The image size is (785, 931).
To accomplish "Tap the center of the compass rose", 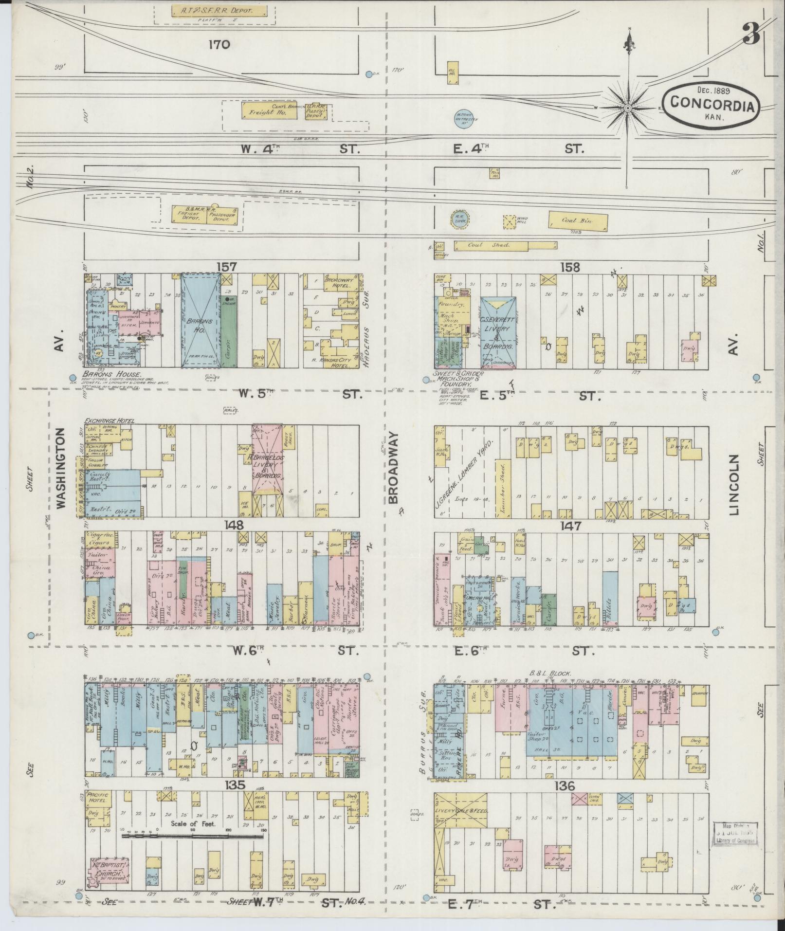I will pyautogui.click(x=628, y=108).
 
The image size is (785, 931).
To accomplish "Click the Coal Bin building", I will pyautogui.click(x=578, y=220).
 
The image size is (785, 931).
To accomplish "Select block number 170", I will pyautogui.click(x=219, y=45).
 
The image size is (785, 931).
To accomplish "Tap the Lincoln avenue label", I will pyautogui.click(x=733, y=485).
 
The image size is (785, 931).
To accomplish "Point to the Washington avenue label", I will pyautogui.click(x=61, y=468).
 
